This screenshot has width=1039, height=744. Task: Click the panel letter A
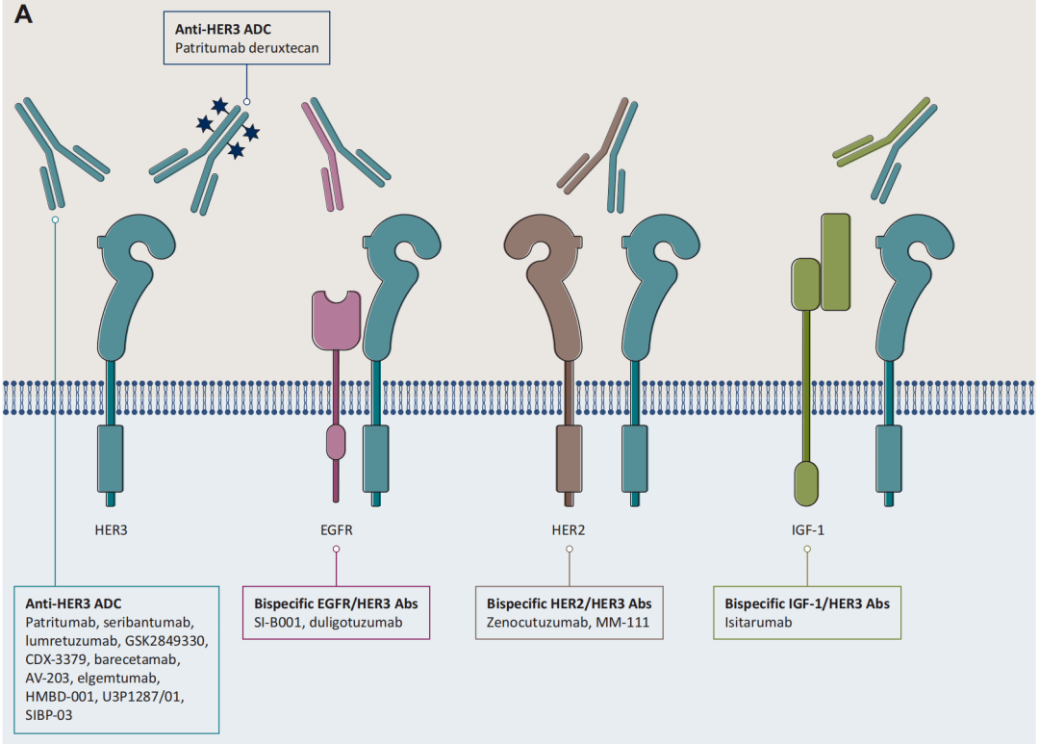[20, 18]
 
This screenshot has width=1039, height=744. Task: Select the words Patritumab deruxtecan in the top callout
[247, 47]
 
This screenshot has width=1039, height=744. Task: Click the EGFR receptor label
[336, 528]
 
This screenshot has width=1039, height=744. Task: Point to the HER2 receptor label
[570, 528]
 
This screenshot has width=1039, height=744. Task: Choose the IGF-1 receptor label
[806, 528]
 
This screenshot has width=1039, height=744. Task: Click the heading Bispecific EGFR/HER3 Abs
[336, 603]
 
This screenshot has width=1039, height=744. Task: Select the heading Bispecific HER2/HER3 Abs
[570, 603]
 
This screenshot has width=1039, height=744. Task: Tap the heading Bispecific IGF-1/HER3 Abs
[806, 603]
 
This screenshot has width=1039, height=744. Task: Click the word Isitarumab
[754, 623]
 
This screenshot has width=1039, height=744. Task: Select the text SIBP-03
[50, 715]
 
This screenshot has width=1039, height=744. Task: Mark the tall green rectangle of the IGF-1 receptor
[836, 262]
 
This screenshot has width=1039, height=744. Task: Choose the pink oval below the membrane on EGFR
[336, 442]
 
